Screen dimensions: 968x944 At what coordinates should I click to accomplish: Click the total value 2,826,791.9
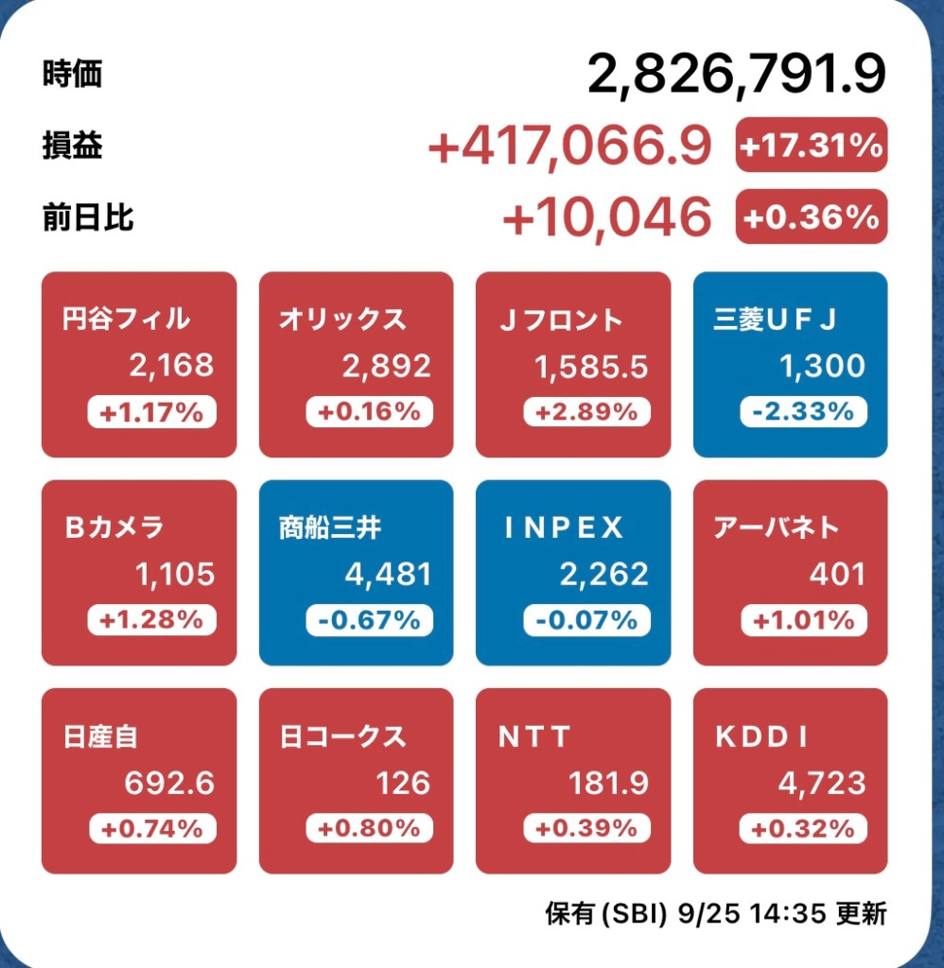pos(736,75)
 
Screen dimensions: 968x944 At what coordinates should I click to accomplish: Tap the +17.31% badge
pos(811,146)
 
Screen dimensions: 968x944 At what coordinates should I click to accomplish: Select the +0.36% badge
pos(811,217)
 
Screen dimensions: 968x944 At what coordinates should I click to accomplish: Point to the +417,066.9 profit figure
pos(569,147)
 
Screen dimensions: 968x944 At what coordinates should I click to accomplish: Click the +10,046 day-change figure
pos(606,217)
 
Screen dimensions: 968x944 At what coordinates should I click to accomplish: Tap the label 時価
pos(72,75)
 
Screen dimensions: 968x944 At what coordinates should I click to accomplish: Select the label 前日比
pos(88,218)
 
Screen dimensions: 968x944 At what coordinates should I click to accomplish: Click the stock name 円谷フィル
pos(125,319)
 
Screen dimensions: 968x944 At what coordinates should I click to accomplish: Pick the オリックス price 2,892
pos(387,366)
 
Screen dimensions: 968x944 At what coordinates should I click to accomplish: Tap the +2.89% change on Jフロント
pos(586,412)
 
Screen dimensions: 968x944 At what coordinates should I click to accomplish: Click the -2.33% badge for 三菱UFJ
pos(803,412)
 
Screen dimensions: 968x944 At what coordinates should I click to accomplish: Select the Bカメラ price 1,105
pos(175,574)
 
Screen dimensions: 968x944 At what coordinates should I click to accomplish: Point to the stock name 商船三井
pos(330,527)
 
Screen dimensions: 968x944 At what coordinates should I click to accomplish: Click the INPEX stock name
pos(564,527)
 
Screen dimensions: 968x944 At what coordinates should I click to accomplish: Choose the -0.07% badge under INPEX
pos(586,620)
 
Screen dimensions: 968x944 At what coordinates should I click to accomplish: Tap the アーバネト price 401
pos(837,574)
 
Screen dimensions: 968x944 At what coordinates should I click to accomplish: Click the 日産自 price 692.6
pos(169,783)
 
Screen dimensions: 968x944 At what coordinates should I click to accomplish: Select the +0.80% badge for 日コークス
pos(369,828)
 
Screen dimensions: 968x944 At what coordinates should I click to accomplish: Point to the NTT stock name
pos(535,736)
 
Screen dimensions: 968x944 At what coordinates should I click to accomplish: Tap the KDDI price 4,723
pos(820,783)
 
